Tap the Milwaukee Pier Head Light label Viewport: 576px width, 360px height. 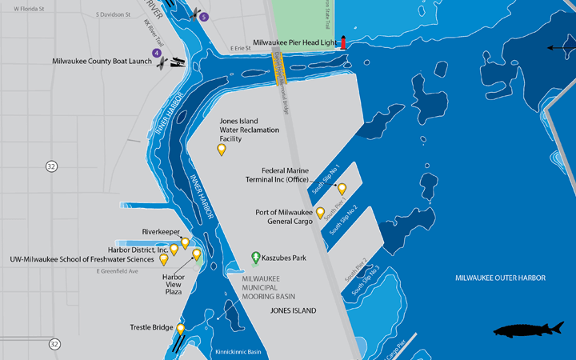tap(294, 42)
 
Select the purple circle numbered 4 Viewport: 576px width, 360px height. tap(157, 54)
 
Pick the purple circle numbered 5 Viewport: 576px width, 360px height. tap(204, 17)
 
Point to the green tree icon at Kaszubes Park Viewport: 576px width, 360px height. tap(256, 258)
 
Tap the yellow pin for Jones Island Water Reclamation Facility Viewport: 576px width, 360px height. tap(222, 149)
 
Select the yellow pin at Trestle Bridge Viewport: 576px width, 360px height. tap(181, 329)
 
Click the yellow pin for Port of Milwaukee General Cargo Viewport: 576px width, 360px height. tap(321, 213)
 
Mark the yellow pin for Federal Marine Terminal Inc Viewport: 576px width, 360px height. tap(342, 189)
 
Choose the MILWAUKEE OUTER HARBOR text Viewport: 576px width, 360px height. tap(500, 278)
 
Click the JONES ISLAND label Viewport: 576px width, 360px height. tap(293, 310)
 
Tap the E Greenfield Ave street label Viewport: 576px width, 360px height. tap(117, 271)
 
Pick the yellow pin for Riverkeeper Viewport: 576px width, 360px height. tap(185, 242)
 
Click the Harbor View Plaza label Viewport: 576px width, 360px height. tap(174, 285)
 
